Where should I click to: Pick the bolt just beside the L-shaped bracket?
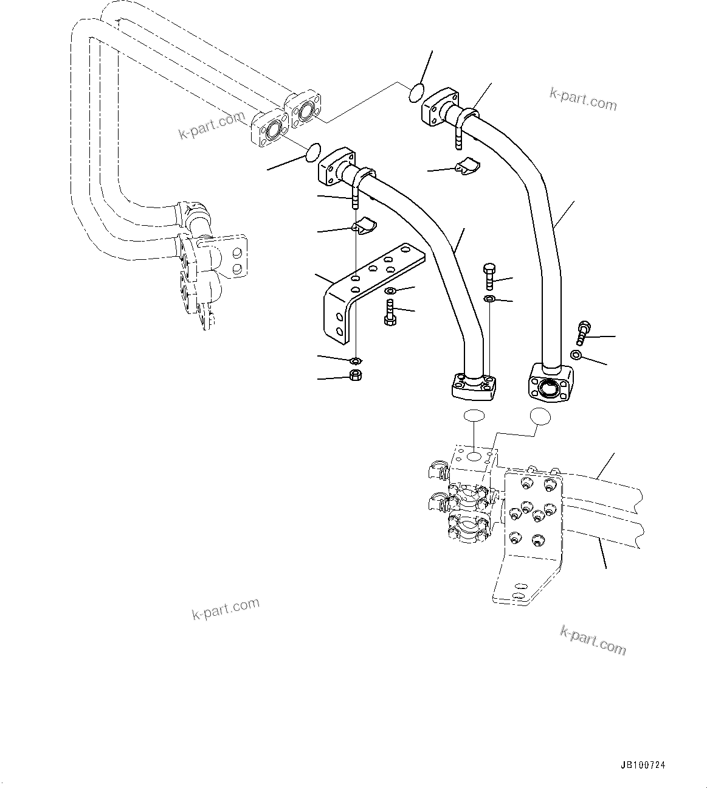click(x=390, y=313)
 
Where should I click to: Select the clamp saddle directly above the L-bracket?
click(x=363, y=226)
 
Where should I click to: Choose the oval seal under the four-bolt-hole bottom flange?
click(x=474, y=417)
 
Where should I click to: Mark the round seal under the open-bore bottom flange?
click(x=540, y=416)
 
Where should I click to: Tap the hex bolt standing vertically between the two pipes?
click(x=489, y=276)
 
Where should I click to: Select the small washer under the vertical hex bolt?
click(x=489, y=298)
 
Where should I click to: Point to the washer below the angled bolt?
click(x=576, y=355)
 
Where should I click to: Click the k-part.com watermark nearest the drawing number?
click(x=592, y=640)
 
